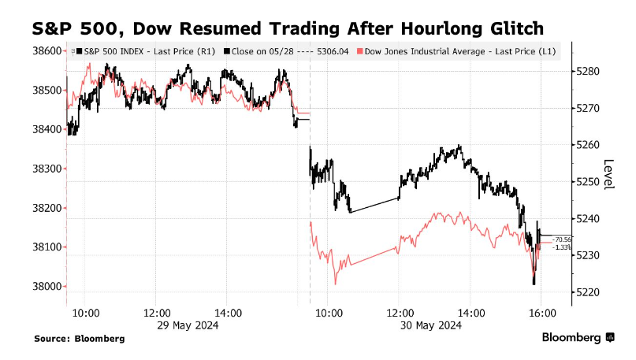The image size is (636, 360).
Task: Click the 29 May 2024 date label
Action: (x=187, y=325)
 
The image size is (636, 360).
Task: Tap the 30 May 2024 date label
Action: (x=430, y=325)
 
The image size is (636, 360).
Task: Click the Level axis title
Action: (x=608, y=174)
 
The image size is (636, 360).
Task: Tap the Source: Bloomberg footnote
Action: (x=79, y=339)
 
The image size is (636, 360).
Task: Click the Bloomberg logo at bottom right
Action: (x=577, y=338)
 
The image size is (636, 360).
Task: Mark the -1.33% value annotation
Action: (x=561, y=247)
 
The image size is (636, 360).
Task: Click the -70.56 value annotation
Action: (x=561, y=239)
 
